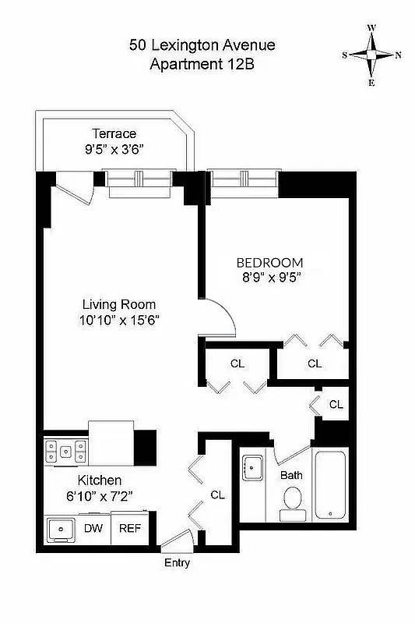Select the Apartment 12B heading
(202, 65)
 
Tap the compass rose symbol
(372, 55)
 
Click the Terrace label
(114, 134)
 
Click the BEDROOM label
(269, 262)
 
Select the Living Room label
(120, 304)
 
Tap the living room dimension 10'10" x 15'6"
(120, 319)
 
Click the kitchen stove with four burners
(65, 450)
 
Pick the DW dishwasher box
(93, 528)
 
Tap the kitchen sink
(60, 528)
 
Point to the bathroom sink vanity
(253, 468)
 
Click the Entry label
(177, 563)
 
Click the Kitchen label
(99, 480)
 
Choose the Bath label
(291, 474)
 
